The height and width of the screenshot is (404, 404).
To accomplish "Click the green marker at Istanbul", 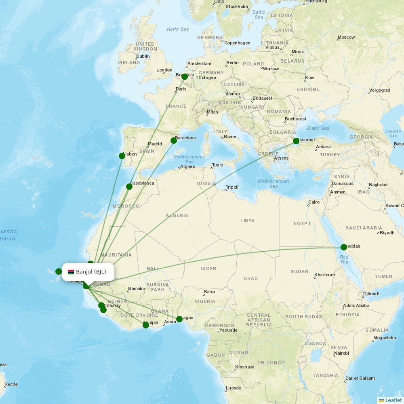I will (x=296, y=141).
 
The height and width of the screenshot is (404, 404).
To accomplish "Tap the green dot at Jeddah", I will (x=344, y=247).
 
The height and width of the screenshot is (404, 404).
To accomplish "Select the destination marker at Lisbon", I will (x=122, y=156).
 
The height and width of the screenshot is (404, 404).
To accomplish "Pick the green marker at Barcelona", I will (x=174, y=141).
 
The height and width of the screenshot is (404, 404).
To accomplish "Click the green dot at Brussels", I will (x=185, y=77).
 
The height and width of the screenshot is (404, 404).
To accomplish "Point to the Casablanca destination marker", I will (x=129, y=187).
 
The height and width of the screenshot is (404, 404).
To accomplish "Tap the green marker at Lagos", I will (x=179, y=319).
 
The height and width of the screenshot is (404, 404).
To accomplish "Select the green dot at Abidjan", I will (x=146, y=325).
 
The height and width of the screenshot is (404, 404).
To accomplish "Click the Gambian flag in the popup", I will (x=71, y=272).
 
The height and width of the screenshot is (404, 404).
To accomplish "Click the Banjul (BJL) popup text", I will (x=91, y=272).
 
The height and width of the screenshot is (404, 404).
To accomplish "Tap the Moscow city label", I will (x=346, y=37).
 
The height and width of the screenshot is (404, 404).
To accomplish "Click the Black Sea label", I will (x=318, y=128).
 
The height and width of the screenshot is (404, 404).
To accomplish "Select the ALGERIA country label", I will (x=177, y=215).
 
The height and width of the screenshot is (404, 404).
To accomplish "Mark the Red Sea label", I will (x=344, y=259).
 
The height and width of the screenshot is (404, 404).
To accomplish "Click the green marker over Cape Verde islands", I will (x=59, y=271).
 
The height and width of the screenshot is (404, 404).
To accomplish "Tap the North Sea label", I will (x=178, y=29).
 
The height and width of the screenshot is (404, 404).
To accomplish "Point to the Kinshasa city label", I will (x=245, y=367).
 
